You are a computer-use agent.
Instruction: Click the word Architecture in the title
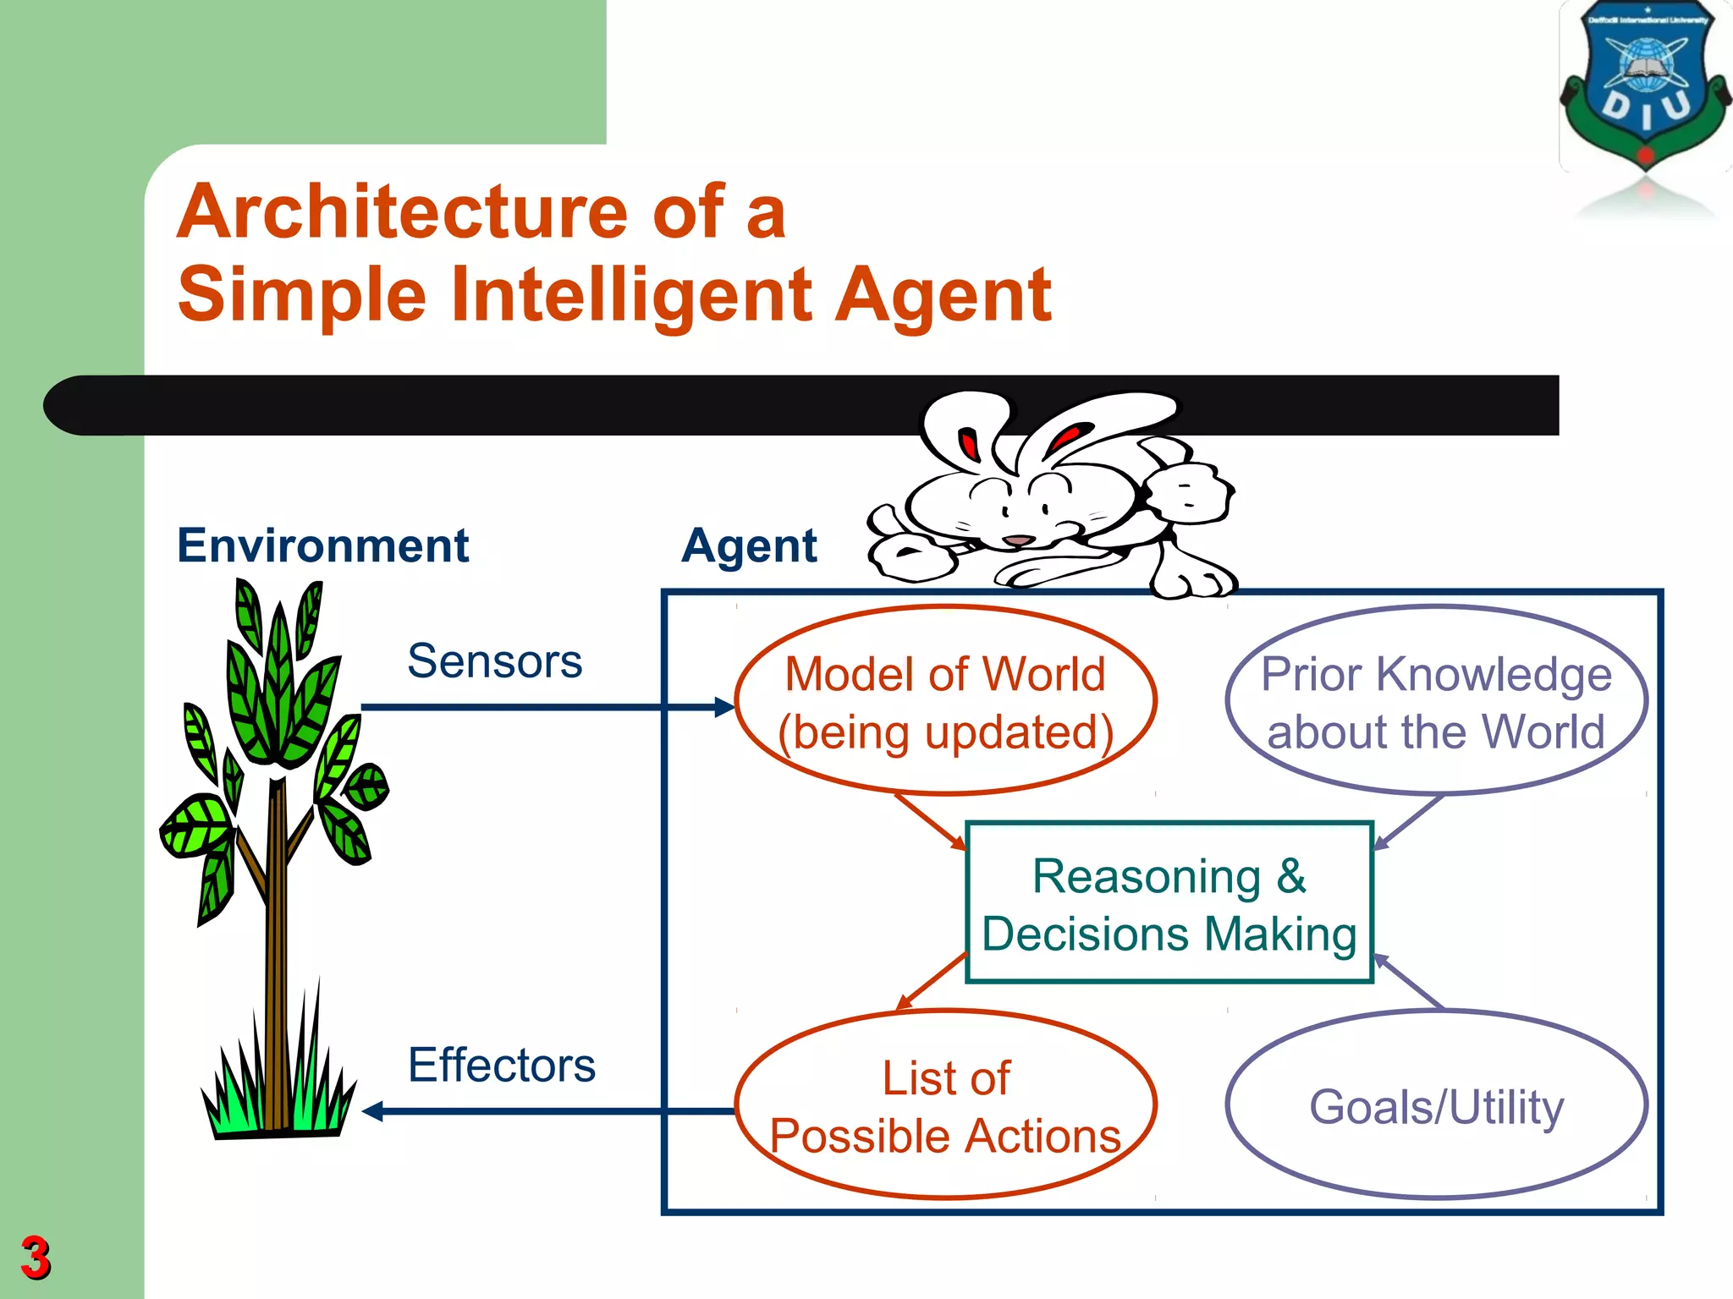pyautogui.click(x=407, y=211)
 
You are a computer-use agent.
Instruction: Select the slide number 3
pyautogui.click(x=35, y=1258)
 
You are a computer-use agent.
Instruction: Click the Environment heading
pyautogui.click(x=322, y=545)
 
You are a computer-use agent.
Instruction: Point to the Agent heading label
pyautogui.click(x=749, y=545)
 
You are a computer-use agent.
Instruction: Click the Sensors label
pyautogui.click(x=494, y=660)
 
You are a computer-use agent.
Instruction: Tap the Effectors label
pyautogui.click(x=501, y=1065)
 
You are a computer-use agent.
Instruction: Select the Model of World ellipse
pyautogui.click(x=945, y=701)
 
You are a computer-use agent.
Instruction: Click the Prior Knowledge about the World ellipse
pyautogui.click(x=1436, y=701)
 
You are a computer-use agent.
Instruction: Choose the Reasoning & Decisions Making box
pyautogui.click(x=1169, y=902)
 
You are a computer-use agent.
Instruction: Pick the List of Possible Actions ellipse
pyautogui.click(x=945, y=1104)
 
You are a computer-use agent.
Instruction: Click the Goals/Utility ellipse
pyautogui.click(x=1436, y=1104)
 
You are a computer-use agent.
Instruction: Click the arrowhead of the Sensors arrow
pyautogui.click(x=724, y=707)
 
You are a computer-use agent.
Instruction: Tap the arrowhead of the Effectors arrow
pyautogui.click(x=373, y=1111)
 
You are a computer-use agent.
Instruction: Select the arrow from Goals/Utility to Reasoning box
pyautogui.click(x=1408, y=982)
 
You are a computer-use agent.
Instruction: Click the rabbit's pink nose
pyautogui.click(x=1018, y=540)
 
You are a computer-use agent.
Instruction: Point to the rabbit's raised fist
pyautogui.click(x=1190, y=491)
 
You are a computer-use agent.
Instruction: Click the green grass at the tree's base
pyautogui.click(x=279, y=1095)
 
